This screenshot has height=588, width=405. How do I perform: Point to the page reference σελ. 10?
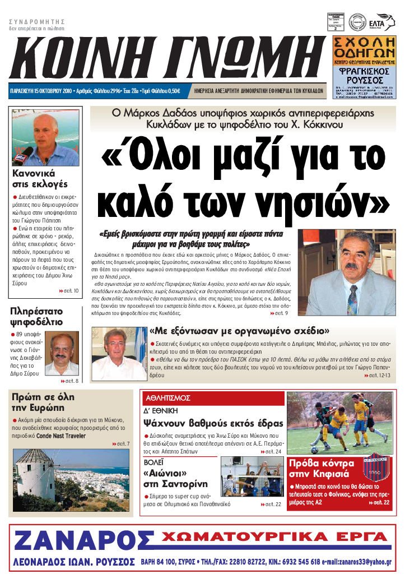pos(69,290)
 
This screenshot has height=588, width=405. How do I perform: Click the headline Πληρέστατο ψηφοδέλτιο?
pos(36,316)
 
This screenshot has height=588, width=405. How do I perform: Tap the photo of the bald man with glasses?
pos(62,354)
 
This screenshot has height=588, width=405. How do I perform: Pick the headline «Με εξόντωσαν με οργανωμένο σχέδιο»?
pos(239,331)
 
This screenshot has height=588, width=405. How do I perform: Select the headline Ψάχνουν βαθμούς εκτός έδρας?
pos(213,423)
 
